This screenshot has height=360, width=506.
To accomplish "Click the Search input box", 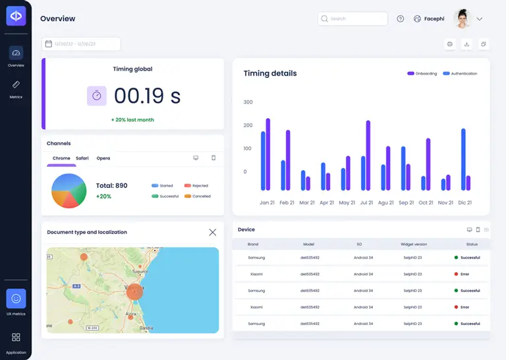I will (x=352, y=18).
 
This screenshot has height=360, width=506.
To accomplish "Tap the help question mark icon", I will (x=401, y=18).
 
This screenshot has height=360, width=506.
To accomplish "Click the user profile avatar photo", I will (x=463, y=18).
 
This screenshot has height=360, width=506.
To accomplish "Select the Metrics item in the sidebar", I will (x=16, y=88).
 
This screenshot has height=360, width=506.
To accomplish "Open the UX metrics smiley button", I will (x=16, y=299).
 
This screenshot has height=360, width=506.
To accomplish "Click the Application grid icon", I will (x=16, y=338).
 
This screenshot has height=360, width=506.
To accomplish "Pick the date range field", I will (x=81, y=44).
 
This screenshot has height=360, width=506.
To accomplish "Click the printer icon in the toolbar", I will (x=450, y=44).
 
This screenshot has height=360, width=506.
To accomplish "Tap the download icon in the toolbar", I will (x=466, y=44).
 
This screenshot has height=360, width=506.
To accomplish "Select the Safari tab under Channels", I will (x=82, y=158).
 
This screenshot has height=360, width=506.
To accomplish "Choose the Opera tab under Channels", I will (x=103, y=158).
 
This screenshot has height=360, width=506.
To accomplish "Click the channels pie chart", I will (x=69, y=191).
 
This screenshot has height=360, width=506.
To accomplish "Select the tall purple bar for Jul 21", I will (x=368, y=155).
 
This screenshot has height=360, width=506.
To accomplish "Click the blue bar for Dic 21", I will (x=463, y=159).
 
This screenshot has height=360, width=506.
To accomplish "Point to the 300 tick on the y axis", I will (x=248, y=102).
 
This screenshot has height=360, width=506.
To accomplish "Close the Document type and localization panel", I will (x=212, y=232).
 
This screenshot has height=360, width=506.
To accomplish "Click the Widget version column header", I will (x=414, y=244).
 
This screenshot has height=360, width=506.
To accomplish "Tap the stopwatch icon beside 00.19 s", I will (x=97, y=96).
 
